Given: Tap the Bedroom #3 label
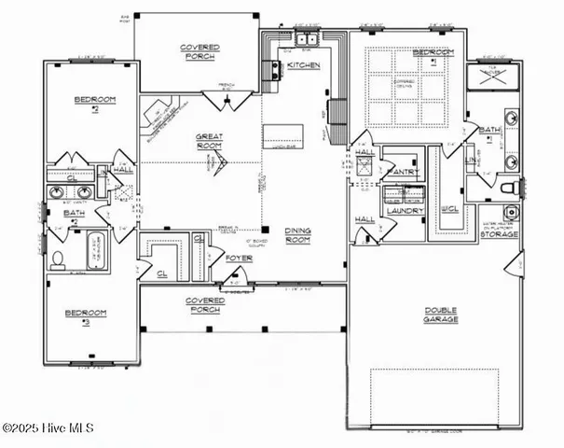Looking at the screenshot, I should tap(86, 317).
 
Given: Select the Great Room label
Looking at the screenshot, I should tap(210, 142).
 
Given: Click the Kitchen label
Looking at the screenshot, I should tap(304, 65).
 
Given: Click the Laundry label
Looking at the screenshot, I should tap(405, 211).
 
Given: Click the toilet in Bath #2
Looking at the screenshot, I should tap(57, 259).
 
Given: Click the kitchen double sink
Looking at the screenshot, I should tap(306, 40).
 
